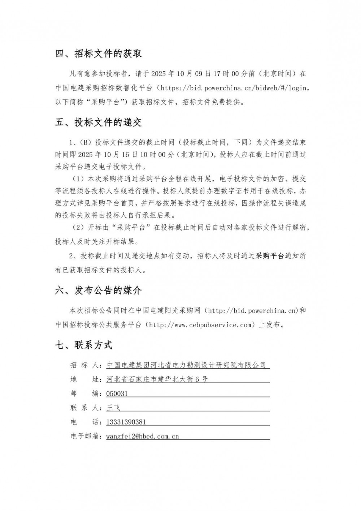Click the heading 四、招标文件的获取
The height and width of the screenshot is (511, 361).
(98, 54)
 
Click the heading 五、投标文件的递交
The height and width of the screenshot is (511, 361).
(98, 123)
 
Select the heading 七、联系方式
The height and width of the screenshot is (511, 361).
(84, 345)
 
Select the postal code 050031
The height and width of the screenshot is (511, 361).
(117, 394)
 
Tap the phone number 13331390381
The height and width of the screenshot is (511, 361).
(126, 422)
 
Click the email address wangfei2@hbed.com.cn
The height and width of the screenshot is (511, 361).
(143, 437)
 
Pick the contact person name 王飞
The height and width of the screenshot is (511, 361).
(113, 408)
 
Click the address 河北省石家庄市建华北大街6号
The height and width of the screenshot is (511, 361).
(157, 379)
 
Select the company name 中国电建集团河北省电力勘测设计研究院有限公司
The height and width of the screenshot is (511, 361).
(186, 365)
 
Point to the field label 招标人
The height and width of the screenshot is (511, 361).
(85, 365)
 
